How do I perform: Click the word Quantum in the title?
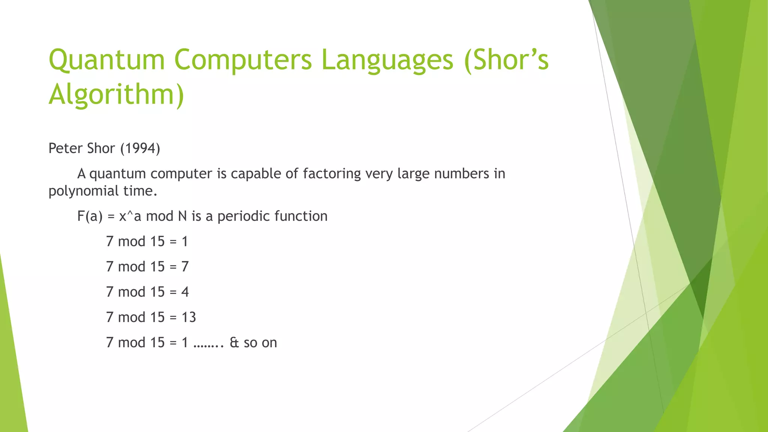[x=107, y=60]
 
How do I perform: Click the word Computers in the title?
[x=243, y=60]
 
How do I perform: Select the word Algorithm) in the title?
[x=116, y=94]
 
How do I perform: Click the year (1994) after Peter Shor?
[x=140, y=148]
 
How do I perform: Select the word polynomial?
[x=79, y=191]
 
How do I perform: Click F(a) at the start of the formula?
[x=90, y=216]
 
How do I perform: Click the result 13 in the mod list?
[x=189, y=317]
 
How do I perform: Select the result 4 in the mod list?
[x=185, y=292]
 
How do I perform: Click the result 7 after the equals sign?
[x=185, y=267]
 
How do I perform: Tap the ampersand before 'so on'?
[x=234, y=343]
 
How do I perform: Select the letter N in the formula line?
[x=182, y=216]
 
